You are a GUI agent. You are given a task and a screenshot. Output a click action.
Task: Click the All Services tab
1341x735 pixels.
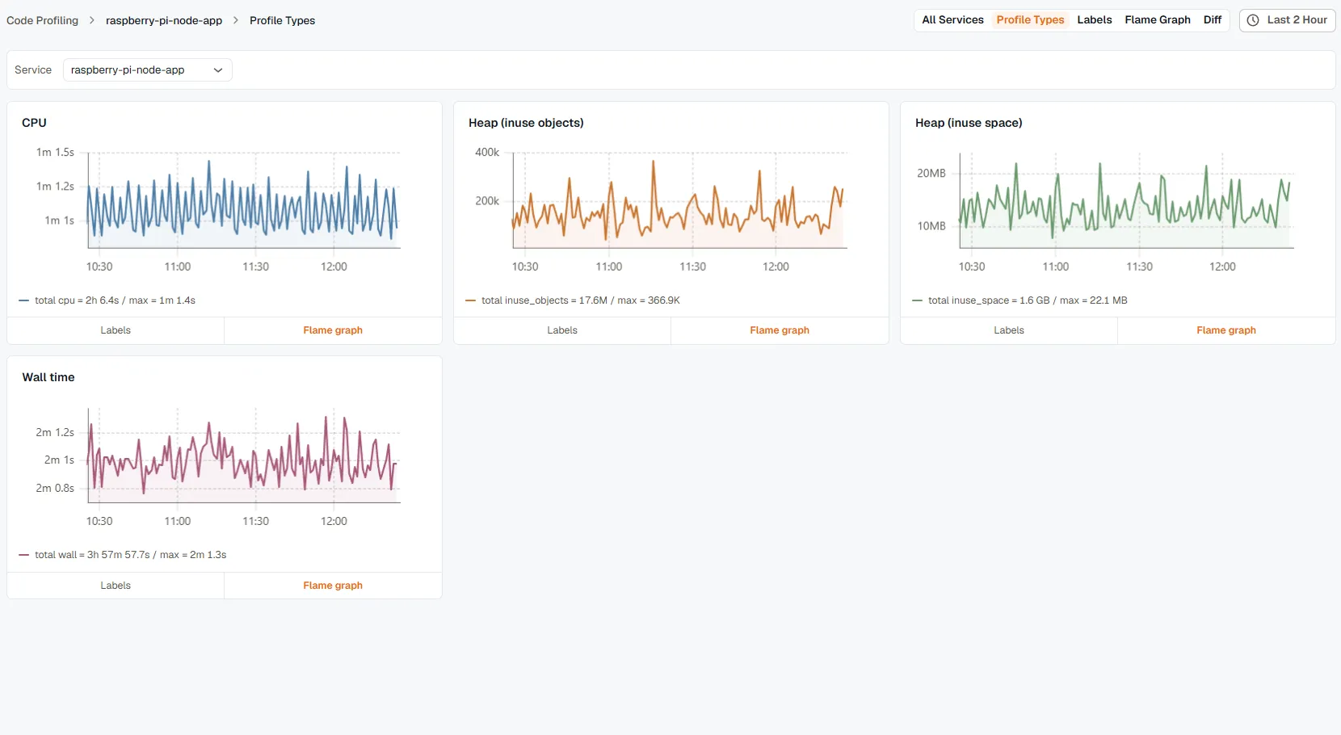[x=952, y=19]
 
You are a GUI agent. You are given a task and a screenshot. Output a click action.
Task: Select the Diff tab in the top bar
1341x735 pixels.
[x=1213, y=19]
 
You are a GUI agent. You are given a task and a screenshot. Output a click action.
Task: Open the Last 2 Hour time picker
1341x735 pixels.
[x=1288, y=20]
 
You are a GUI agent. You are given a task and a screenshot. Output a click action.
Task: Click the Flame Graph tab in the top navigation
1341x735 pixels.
[x=1157, y=19]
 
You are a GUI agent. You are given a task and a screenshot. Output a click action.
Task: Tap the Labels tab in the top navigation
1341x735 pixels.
[x=1095, y=19]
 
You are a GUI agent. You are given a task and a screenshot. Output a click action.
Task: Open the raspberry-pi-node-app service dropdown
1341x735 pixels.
[x=147, y=70]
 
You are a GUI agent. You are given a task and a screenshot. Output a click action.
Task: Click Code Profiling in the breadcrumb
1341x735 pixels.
[x=43, y=20]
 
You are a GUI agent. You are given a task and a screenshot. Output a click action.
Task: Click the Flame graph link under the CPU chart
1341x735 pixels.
[x=333, y=330]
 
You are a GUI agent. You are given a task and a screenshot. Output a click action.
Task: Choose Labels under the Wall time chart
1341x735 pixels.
[x=116, y=586]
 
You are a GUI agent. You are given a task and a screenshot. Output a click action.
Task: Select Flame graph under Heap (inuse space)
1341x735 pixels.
[x=1226, y=330]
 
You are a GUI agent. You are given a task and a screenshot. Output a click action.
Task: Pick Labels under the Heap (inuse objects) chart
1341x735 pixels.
[x=562, y=330]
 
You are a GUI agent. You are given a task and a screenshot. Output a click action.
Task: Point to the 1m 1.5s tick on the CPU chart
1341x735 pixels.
[x=55, y=152]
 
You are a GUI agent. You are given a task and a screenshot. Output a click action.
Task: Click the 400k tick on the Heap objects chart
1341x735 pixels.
[x=486, y=152]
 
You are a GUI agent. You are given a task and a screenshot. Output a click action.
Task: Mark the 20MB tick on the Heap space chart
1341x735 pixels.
[x=931, y=173]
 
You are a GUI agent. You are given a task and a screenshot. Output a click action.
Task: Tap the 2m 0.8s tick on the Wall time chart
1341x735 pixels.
[x=54, y=488]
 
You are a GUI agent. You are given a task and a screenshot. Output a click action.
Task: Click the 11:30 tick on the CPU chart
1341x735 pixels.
[x=255, y=267]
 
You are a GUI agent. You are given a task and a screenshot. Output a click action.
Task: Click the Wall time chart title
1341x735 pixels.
[x=48, y=377]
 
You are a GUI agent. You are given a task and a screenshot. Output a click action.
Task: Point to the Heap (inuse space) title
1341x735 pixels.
[x=969, y=123]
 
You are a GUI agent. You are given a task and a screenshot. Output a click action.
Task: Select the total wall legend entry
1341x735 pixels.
[x=123, y=555]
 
